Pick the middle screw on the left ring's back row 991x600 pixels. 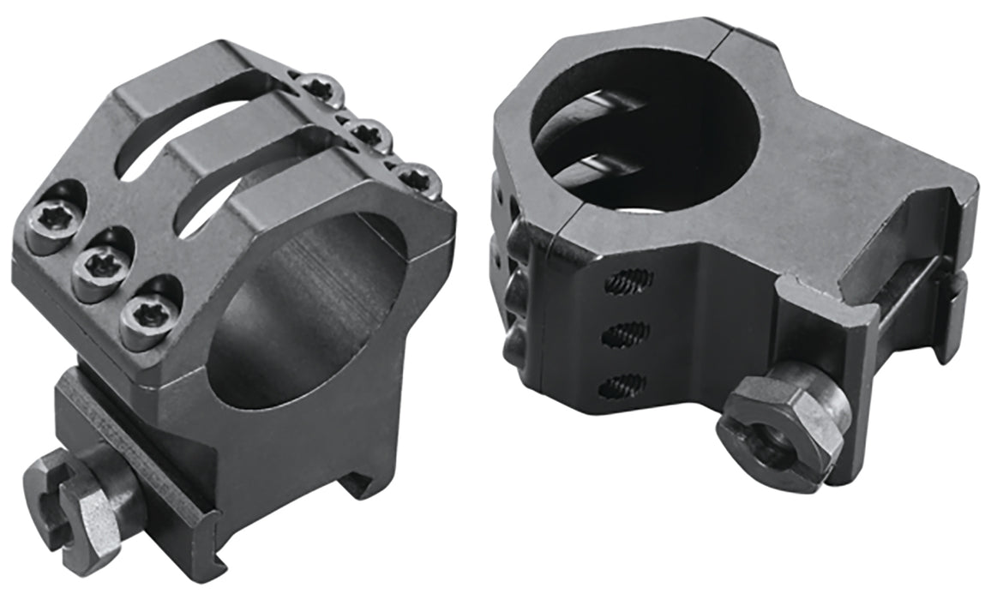(x=369, y=134)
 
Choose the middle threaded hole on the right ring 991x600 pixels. (x=623, y=335)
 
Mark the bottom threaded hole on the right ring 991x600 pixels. (x=621, y=387)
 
